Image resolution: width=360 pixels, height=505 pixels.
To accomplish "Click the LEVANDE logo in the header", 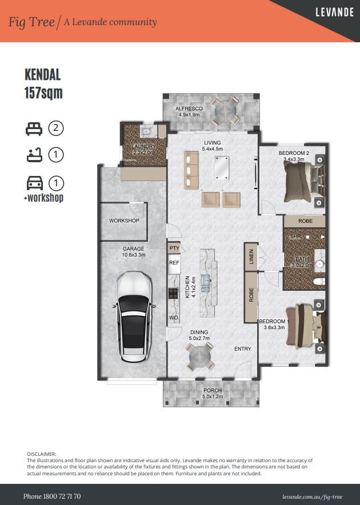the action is (334, 12).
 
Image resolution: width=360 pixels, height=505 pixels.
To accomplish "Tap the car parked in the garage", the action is (134, 317).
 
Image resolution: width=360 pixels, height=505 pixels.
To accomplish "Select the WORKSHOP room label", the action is (124, 221).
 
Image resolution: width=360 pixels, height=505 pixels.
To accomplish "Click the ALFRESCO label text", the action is (189, 109).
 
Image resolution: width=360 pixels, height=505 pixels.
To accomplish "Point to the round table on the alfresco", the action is (226, 111).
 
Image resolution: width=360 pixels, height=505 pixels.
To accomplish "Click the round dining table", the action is (200, 357).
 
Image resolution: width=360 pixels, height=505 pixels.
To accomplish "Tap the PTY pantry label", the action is (174, 248).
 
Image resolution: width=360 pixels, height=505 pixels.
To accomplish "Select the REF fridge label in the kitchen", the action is (174, 262).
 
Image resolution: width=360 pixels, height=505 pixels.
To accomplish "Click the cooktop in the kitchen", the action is (173, 294).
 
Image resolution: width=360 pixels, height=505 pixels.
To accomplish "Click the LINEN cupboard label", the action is (251, 256).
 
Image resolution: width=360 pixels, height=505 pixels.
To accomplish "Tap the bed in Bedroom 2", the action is (304, 181).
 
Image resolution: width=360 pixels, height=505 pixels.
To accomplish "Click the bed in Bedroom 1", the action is (306, 327).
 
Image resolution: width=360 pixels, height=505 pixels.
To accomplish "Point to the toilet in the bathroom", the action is (319, 282).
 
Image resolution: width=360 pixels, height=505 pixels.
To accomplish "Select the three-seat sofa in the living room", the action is (191, 170).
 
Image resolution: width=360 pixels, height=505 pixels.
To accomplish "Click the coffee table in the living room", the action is (222, 168).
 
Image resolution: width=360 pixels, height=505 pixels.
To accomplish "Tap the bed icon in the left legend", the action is (34, 129).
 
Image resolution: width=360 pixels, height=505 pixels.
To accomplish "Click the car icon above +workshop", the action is (35, 183).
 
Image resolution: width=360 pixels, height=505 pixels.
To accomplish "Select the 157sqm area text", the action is (43, 93).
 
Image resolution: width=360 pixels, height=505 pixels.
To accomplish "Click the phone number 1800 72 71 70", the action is (62, 496).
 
